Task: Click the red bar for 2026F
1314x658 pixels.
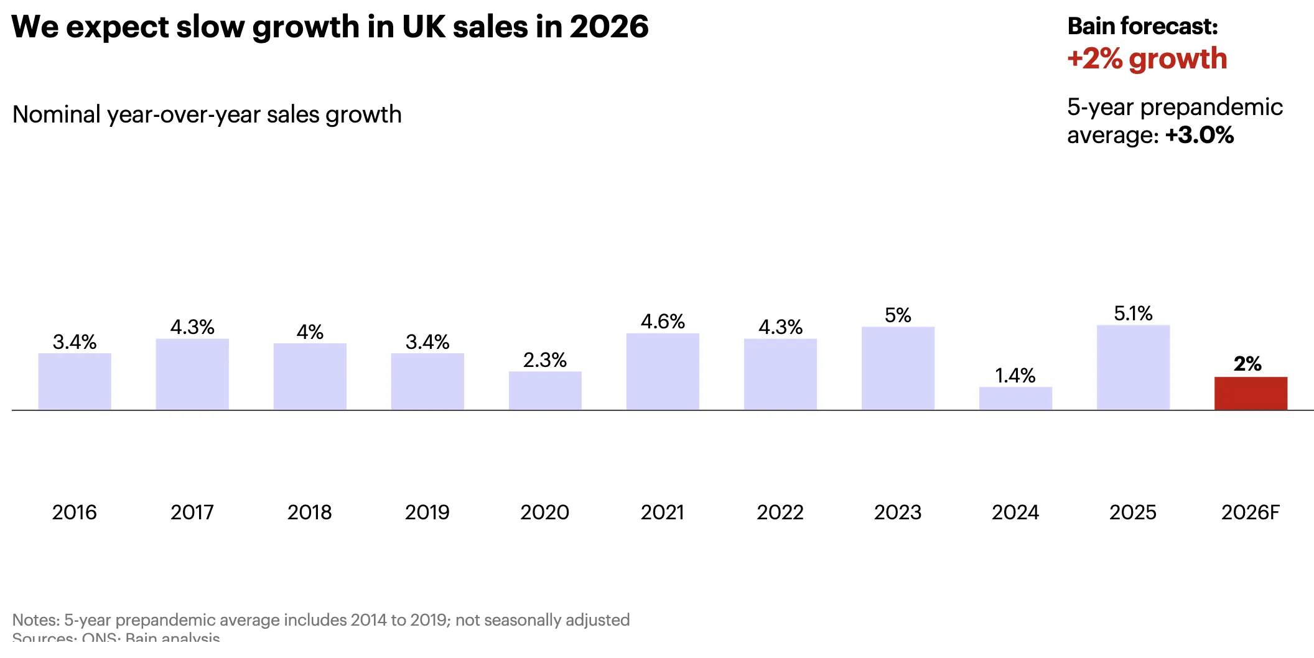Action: (x=1251, y=393)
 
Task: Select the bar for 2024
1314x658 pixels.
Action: (x=1015, y=398)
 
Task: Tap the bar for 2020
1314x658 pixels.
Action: (x=545, y=391)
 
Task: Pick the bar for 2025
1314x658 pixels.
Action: (x=1133, y=367)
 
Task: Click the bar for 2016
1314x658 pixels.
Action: (x=75, y=381)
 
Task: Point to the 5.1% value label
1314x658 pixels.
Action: (x=1133, y=313)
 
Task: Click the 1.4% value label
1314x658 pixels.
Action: (x=1015, y=376)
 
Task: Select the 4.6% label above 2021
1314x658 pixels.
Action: (x=663, y=322)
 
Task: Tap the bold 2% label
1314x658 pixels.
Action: (x=1247, y=364)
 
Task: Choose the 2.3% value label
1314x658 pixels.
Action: (x=545, y=360)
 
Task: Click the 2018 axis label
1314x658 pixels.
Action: (x=310, y=512)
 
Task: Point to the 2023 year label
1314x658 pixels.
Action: (x=898, y=512)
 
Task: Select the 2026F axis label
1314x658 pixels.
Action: (x=1251, y=512)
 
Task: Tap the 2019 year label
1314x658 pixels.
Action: (x=427, y=512)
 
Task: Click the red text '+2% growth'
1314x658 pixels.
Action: (x=1147, y=59)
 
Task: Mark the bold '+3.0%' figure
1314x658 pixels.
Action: (x=1200, y=135)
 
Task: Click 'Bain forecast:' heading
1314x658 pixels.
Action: (x=1142, y=26)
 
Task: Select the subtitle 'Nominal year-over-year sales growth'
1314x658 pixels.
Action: (x=207, y=115)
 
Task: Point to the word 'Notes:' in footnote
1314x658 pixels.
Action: (x=36, y=620)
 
